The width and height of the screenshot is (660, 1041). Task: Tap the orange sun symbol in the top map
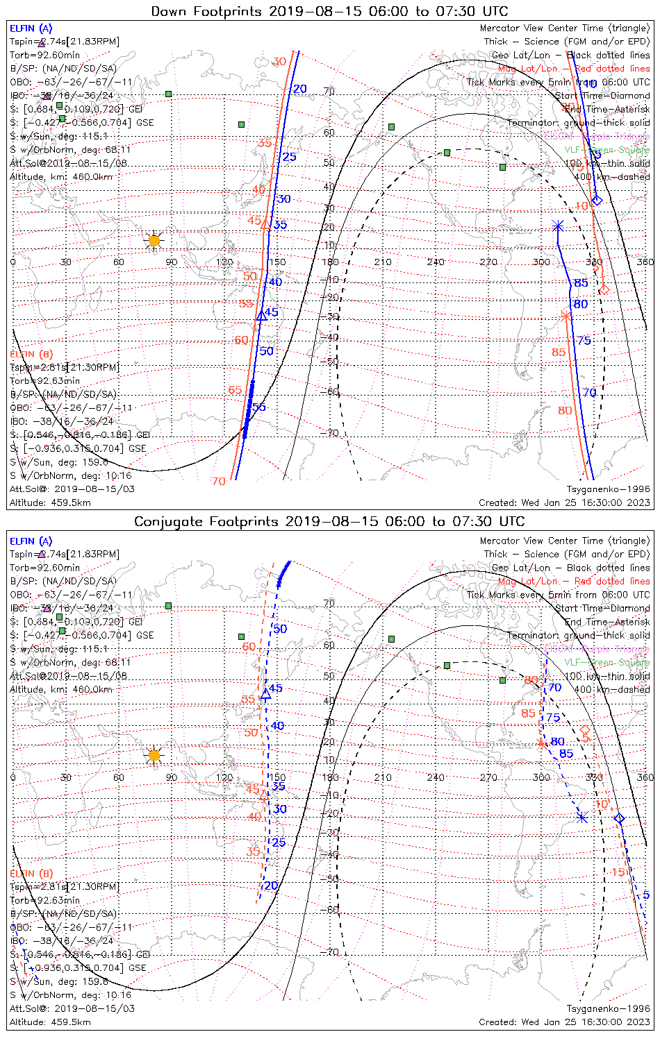(154, 241)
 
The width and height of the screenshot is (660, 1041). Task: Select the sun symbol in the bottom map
(154, 755)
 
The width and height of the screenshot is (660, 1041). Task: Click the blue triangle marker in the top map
(261, 316)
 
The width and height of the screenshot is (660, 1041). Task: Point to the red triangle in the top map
(265, 223)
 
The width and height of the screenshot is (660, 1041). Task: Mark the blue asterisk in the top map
(558, 226)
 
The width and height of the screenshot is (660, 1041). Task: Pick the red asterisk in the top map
(566, 316)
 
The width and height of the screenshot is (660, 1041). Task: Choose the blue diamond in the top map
(597, 200)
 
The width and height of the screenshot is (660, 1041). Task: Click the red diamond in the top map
(604, 289)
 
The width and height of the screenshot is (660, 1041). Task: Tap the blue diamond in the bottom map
(619, 819)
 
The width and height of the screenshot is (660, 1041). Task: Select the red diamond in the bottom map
(585, 730)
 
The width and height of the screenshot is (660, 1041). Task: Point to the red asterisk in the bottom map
(542, 744)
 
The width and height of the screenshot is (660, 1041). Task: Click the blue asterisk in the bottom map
(583, 818)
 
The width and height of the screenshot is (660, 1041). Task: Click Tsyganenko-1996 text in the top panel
(608, 489)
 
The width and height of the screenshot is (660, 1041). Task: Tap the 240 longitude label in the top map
(436, 262)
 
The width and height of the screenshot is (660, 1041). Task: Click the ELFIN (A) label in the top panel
(31, 28)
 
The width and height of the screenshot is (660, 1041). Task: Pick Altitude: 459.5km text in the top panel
(50, 502)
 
